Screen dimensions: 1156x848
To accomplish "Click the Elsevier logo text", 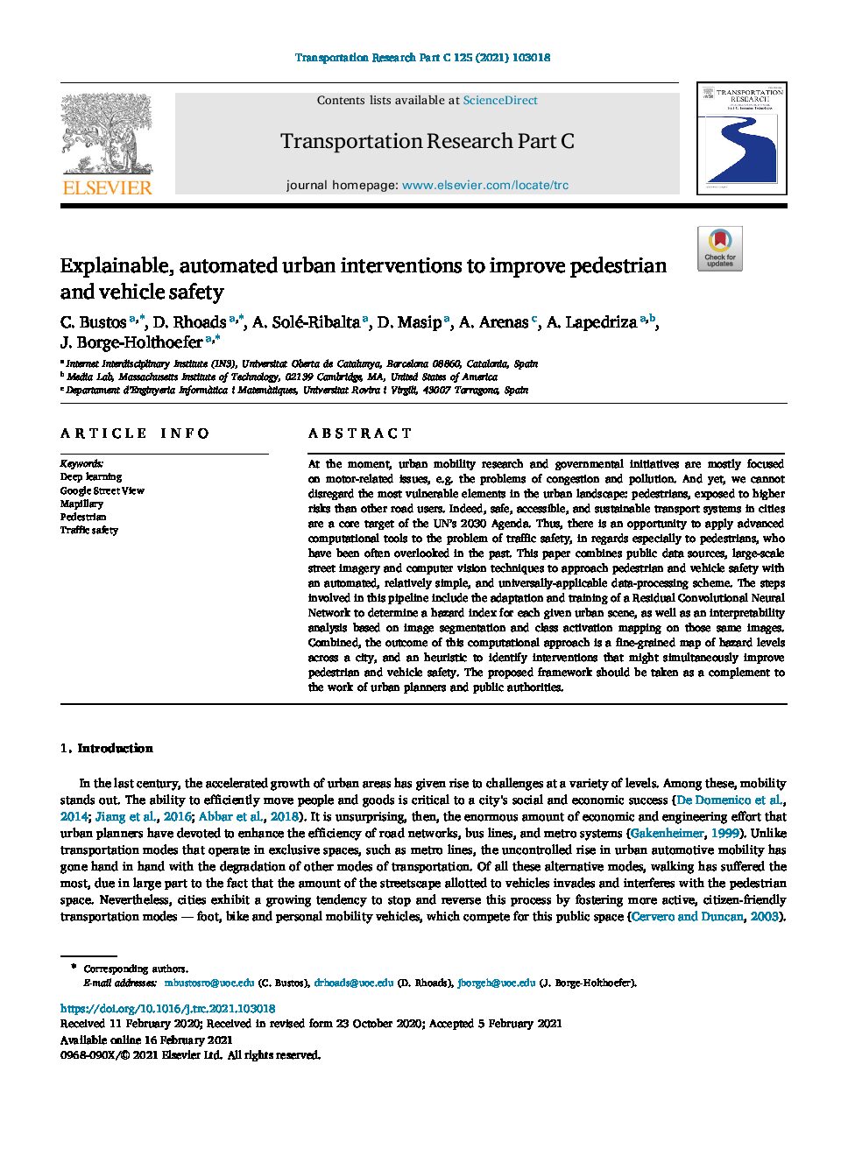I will pos(107,187).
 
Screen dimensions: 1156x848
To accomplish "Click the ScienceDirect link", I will pos(499,101).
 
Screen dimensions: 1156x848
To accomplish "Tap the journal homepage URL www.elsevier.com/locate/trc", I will pos(484,186).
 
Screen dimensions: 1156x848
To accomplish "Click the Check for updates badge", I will pos(719,249).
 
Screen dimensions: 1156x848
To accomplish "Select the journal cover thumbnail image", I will pos(741,138).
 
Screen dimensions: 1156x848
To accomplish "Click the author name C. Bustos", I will pos(93,322).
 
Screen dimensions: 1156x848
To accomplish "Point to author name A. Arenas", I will pos(493,322).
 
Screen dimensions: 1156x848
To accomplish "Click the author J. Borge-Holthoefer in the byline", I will pos(131,342).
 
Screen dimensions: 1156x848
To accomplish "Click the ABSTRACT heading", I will pos(359,433).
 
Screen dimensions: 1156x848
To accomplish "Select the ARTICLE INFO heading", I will pos(135,433).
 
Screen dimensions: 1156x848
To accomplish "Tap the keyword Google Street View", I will pos(102,490).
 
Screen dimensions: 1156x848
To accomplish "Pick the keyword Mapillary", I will pos(81,504).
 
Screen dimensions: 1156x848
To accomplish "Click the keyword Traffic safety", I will pos(88,530).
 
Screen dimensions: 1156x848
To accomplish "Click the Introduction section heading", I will pos(115,749).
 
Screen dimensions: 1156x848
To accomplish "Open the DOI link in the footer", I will pos(167,1008).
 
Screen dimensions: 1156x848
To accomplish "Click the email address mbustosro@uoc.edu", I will pos(209,983).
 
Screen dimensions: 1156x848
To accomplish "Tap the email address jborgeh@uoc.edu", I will pos(496,983).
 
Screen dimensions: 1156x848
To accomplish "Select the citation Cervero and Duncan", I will pos(687,916).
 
